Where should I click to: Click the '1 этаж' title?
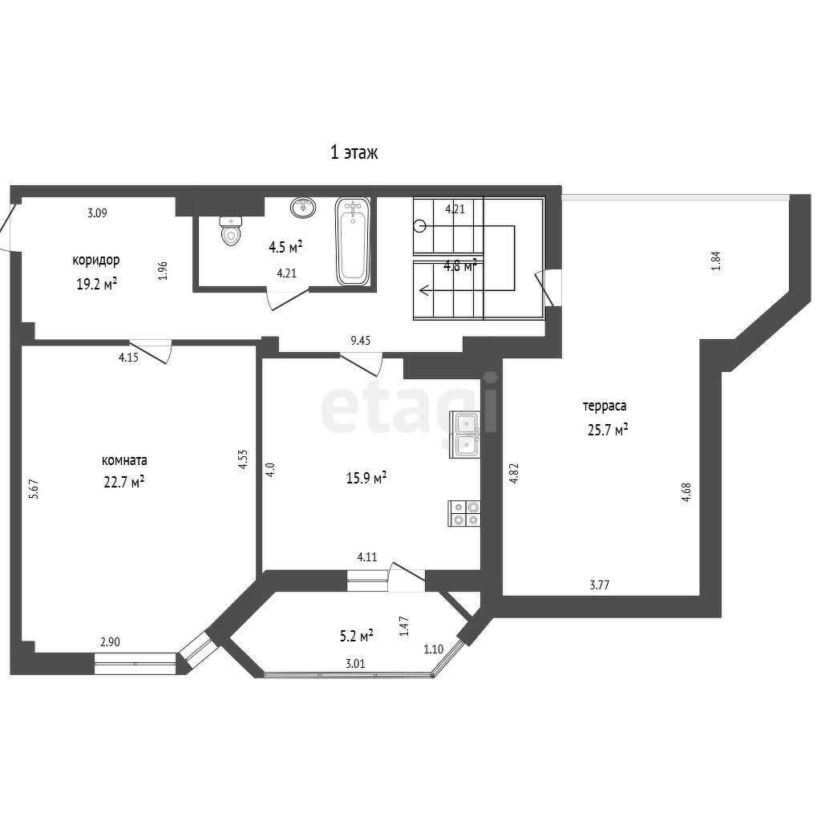pos(354,152)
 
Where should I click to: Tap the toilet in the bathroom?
pos(230,231)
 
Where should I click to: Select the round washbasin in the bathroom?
pos(304,208)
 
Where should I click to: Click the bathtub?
pos(353,241)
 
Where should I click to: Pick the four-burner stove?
pos(464,513)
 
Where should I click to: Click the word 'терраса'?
pos(605,406)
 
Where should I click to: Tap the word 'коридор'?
pos(96,261)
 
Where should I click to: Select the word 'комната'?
pos(124,461)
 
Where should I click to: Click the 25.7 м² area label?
pos(608,430)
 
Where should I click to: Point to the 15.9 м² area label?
pos(366,478)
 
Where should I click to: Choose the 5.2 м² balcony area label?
pos(357,636)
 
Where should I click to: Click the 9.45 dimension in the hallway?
pos(361,341)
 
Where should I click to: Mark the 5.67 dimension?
pos(34,489)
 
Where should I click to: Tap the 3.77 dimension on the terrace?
pos(600,585)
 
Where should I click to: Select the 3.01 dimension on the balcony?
pos(355,664)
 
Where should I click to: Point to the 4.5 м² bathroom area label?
pos(285,247)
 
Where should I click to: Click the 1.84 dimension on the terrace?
pos(716,261)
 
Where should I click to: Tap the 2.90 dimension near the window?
pos(111,642)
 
